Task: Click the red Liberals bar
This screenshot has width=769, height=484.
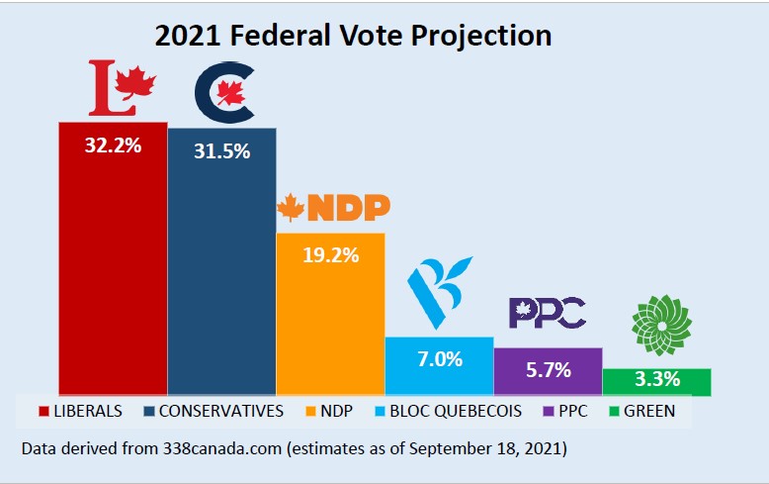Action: (113, 267)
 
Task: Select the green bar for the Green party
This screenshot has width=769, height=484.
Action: (656, 383)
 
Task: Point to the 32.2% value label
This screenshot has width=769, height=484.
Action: (113, 145)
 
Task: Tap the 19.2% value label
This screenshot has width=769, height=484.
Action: (330, 252)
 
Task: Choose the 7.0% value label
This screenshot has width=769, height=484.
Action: (439, 358)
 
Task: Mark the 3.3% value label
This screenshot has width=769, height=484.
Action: (656, 380)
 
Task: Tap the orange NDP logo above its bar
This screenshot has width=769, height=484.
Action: (333, 207)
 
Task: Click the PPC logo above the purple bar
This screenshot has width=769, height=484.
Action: (547, 313)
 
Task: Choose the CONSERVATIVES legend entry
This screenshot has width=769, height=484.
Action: (213, 410)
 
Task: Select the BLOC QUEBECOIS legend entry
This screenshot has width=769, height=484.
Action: (451, 410)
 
